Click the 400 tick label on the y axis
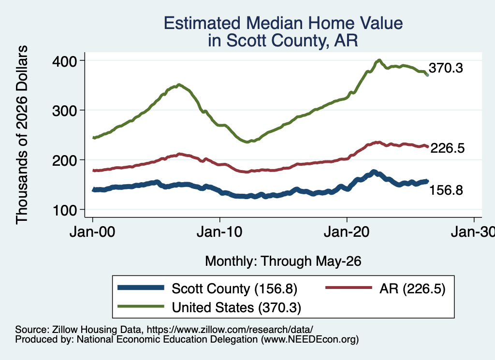[64, 61]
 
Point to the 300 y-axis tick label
[64, 111]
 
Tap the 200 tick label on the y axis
[64, 160]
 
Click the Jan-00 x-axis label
[92, 232]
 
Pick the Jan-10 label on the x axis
[219, 232]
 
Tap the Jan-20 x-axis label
[347, 232]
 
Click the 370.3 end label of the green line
[446, 68]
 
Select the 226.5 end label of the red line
[447, 148]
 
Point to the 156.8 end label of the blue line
[446, 190]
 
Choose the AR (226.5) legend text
[412, 288]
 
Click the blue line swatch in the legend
[141, 288]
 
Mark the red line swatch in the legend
[349, 288]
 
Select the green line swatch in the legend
[141, 306]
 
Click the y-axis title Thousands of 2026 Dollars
[22, 135]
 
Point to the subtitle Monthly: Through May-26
[283, 261]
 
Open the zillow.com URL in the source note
[230, 330]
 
